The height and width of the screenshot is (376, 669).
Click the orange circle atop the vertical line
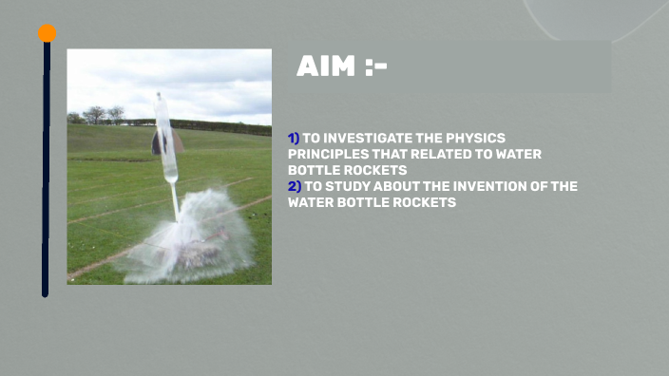pos(47,33)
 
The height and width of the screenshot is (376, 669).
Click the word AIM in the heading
pos(327,66)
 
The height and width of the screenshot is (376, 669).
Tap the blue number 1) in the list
pos(294,139)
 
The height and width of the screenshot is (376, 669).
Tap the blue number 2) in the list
pos(294,186)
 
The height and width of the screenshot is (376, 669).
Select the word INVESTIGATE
pos(371,139)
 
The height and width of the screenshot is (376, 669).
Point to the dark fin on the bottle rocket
pos(158,142)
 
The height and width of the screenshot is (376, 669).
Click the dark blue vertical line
pos(46,171)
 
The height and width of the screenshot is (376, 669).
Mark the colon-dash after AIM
pos(373,66)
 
